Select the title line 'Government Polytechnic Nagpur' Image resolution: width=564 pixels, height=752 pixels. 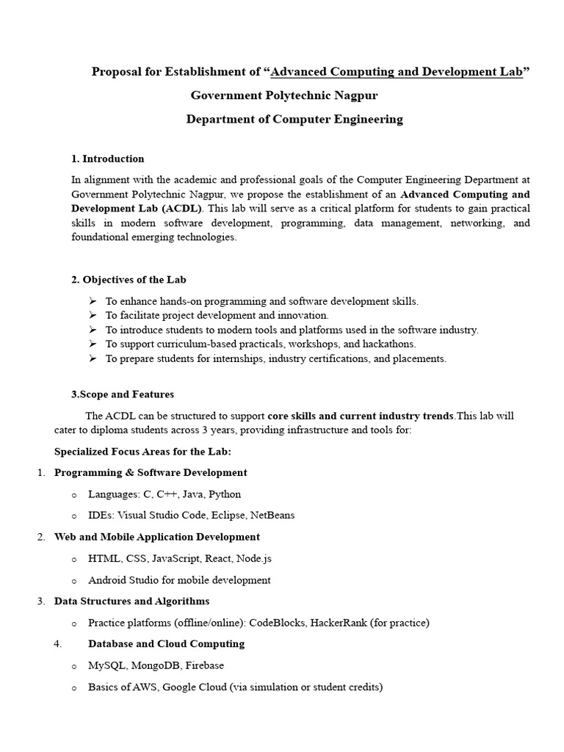[284, 95]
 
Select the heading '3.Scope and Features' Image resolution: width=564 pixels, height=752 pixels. [122, 394]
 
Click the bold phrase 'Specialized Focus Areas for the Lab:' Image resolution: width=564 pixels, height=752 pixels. [142, 451]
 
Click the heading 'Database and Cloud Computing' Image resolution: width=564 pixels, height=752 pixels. [166, 644]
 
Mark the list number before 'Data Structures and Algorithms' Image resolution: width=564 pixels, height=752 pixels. [41, 601]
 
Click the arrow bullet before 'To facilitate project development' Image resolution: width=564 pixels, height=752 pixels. [93, 315]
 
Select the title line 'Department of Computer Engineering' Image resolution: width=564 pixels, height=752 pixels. [294, 119]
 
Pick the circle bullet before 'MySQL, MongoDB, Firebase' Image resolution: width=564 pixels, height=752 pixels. [74, 666]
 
